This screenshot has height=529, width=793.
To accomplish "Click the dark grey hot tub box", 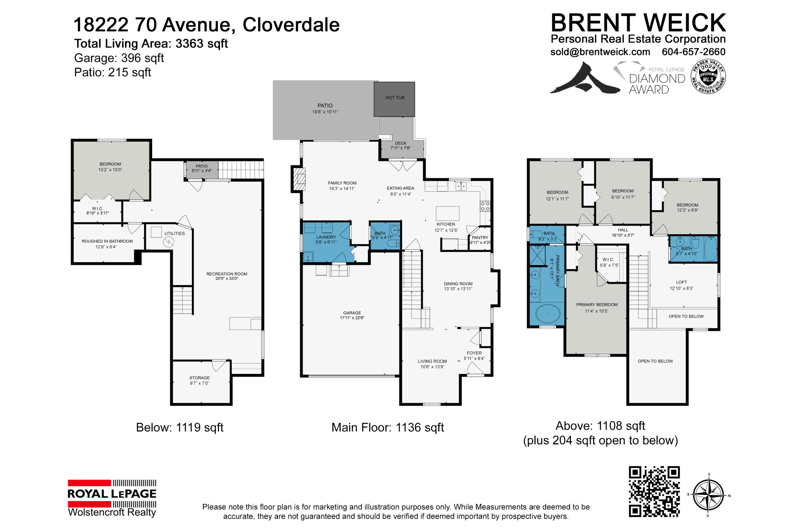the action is click(394, 99).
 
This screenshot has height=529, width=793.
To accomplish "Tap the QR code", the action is click(654, 491).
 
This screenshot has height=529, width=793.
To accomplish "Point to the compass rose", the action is click(708, 495).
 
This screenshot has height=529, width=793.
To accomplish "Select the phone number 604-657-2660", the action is click(694, 52).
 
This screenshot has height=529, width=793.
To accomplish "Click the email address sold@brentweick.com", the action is click(600, 52).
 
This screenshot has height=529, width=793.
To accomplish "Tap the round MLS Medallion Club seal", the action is click(708, 77).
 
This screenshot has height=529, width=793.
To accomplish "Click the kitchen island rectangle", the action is click(447, 213).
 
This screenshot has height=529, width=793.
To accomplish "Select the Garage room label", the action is click(352, 315).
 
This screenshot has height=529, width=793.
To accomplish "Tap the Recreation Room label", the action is click(227, 276).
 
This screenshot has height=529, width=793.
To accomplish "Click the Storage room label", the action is click(199, 380).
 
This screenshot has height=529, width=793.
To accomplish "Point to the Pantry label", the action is click(480, 240).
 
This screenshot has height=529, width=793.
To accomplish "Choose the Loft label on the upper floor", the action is click(681, 285).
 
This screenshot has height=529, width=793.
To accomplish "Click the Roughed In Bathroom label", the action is click(107, 244).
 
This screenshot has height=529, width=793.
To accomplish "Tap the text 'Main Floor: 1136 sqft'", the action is click(388, 427).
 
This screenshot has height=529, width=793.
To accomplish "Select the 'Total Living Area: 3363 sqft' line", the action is click(151, 43).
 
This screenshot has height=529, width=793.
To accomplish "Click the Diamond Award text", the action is click(657, 84).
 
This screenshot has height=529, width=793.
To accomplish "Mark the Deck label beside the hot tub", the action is click(401, 145).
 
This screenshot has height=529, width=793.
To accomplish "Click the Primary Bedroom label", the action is click(597, 308).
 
